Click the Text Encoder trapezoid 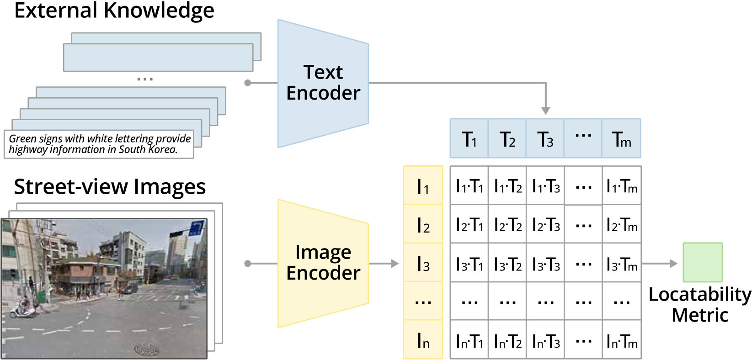[x=323, y=83]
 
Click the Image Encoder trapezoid [x=323, y=263]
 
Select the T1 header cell [x=469, y=139]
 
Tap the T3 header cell [x=545, y=139]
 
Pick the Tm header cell [x=621, y=139]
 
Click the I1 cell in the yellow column [x=423, y=186]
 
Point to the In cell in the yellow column [x=423, y=341]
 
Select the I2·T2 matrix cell [x=507, y=225]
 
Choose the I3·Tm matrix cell [x=621, y=264]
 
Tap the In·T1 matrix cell [x=469, y=341]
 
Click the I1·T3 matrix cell [x=545, y=186]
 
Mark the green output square [x=703, y=262]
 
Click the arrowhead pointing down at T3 [x=545, y=111]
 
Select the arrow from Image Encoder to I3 [x=384, y=264]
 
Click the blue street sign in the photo [x=196, y=227]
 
